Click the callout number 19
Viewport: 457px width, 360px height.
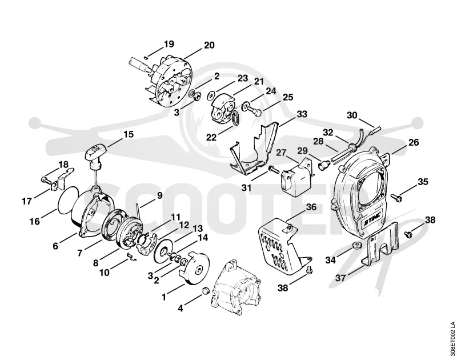pos(169,44)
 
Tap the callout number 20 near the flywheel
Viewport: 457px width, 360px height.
pos(209,45)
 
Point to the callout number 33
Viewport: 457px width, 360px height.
pos(302,114)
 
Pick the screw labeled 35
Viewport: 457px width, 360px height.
pos(396,197)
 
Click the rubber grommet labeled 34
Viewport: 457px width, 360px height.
pos(356,245)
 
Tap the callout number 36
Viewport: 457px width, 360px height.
pos(311,207)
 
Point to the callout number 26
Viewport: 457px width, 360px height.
pos(413,142)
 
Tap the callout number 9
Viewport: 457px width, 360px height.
pos(160,195)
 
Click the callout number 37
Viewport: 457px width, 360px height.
pos(340,278)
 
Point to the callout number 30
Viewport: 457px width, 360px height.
pos(352,115)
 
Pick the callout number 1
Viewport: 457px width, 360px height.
pos(164,297)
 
